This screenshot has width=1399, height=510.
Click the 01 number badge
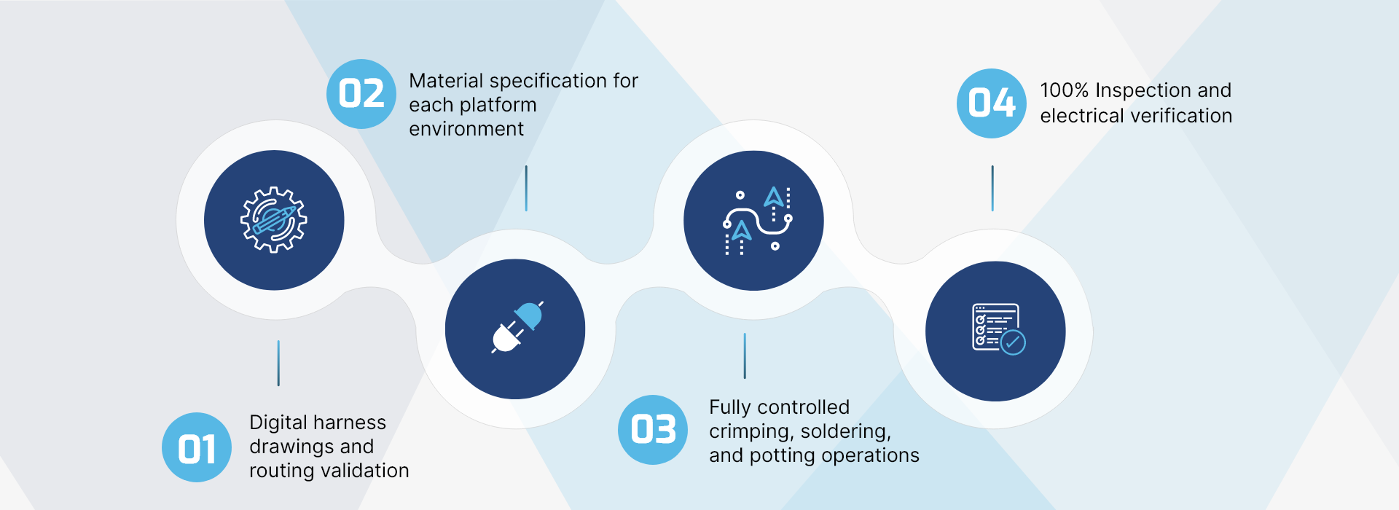[x=197, y=447]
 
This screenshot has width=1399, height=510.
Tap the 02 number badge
[x=361, y=94]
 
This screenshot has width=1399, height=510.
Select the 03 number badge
[x=653, y=430]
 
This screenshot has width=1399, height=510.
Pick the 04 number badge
[x=992, y=103]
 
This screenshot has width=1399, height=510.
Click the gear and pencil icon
[x=274, y=220]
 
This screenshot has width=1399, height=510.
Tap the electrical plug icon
[x=516, y=329]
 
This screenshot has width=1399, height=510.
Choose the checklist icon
[x=996, y=330]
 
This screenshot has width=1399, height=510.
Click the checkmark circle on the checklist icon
[x=1013, y=342]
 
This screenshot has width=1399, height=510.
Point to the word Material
[x=446, y=81]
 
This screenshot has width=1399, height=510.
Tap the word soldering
[x=846, y=431]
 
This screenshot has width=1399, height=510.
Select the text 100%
[x=1064, y=90]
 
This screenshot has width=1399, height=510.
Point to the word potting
[x=783, y=456]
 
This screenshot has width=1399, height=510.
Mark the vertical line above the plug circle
[x=526, y=188]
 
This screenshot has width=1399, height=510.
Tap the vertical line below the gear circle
[x=278, y=363]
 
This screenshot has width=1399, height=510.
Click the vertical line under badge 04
[x=992, y=188]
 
